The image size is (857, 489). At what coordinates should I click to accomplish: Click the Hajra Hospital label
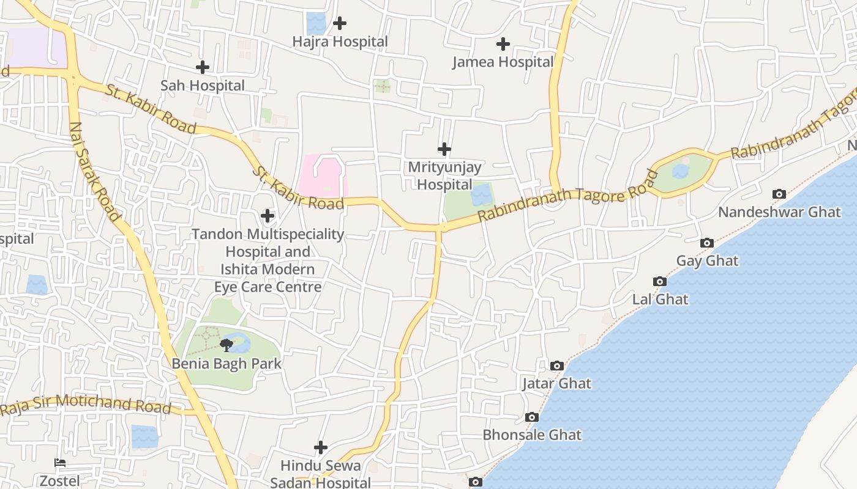pos(340,42)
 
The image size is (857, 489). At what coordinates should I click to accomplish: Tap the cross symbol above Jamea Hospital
pos(503,44)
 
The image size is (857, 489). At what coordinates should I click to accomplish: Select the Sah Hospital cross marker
pos(203,67)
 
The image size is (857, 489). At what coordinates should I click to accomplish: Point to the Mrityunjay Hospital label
pos(444,175)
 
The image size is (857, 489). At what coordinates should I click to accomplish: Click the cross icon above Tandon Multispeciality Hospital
pos(268,215)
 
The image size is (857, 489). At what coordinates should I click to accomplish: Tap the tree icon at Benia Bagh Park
pos(226,345)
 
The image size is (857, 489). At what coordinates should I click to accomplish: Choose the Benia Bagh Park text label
pos(226,364)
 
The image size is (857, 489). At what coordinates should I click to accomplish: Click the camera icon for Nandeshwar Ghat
pos(779,194)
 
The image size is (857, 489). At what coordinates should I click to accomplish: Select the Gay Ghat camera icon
pos(707,243)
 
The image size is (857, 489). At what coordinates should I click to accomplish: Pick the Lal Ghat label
pos(660,300)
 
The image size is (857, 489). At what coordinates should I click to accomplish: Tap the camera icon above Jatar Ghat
pos(557,366)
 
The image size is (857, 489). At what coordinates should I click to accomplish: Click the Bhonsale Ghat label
pos(532,435)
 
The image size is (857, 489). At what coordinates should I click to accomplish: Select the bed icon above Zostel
pos(60,463)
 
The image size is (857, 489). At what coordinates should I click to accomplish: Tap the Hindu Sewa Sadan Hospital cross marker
pos(321,447)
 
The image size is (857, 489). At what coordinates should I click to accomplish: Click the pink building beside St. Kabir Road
pos(323,176)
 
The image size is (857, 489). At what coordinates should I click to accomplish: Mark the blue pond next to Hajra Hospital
pos(316,23)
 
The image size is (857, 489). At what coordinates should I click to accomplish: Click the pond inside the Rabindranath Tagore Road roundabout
pos(681,171)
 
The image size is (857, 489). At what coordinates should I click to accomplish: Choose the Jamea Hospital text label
pos(503,62)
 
